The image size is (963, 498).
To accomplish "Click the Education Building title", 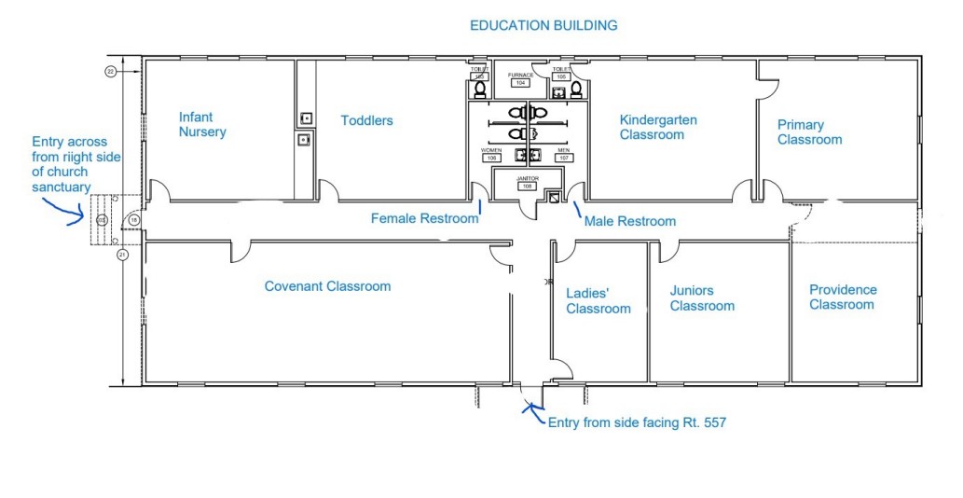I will coord(543,25).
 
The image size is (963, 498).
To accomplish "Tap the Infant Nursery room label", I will coord(203,125).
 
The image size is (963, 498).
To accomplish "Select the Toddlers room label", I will coord(366,120).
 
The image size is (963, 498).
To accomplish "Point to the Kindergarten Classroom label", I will coord(658,128).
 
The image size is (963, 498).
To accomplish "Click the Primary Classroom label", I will coord(809,132).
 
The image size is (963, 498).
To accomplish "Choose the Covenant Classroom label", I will coord(327,286).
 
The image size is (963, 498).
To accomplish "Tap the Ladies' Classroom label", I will coord(598,301).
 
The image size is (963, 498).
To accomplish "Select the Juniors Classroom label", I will coord(702,298).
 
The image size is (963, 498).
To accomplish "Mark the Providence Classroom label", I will coord(842,297).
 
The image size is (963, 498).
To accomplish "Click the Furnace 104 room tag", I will coord(519,78).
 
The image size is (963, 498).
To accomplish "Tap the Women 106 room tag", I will coord(492,154).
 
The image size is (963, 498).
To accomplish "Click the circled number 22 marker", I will coord(111,71).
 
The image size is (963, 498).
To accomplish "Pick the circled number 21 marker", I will coord(122,254).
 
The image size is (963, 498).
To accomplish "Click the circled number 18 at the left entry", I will coord(134,219).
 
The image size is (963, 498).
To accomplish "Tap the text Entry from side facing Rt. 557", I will coord(637,422).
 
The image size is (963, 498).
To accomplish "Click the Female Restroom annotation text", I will coord(424,218).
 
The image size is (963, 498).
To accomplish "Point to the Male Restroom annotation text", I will coord(629,221).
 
